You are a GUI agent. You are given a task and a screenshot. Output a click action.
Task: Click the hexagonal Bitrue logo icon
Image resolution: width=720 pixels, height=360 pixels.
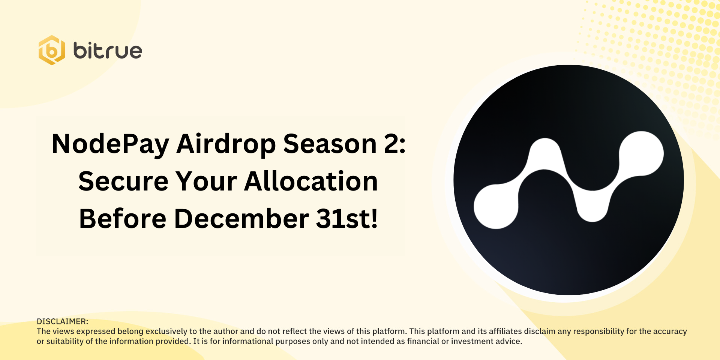coord(52,50)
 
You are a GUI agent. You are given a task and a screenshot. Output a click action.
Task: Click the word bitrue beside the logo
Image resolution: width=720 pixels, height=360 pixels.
coord(108,51)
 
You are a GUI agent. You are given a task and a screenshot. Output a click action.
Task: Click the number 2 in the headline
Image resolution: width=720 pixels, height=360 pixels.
coord(391,144)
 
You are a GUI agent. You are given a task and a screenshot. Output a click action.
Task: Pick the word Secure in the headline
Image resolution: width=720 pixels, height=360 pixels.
coord(123,181)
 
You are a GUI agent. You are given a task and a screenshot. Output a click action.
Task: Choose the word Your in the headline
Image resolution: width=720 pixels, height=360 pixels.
coord(206,181)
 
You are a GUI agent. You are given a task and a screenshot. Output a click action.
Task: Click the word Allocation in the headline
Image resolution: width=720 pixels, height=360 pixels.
coord(311,181)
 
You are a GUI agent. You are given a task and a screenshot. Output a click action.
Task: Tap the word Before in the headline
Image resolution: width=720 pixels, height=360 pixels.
coord(123,219)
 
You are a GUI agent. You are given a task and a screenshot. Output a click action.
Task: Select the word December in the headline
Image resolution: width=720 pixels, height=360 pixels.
coord(241,219)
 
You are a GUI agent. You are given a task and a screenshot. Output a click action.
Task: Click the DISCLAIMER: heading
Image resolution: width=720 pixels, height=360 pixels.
coord(62,321)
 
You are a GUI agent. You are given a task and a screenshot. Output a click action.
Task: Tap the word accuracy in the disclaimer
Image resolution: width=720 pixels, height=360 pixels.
coord(670,332)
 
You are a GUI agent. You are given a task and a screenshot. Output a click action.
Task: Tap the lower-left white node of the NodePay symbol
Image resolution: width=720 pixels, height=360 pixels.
coord(496,207)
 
